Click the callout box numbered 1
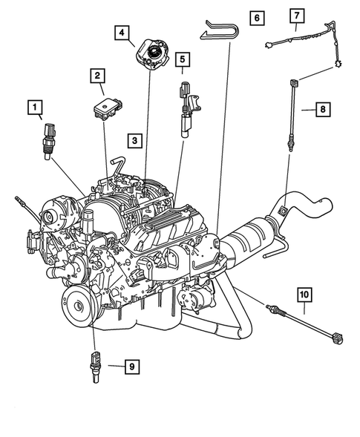[x=35, y=108]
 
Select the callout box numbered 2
[x=97, y=75]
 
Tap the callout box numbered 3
[x=134, y=139]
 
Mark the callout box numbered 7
[x=296, y=16]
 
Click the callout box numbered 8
[x=323, y=110]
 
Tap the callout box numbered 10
[x=304, y=295]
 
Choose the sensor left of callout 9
[x=96, y=364]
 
